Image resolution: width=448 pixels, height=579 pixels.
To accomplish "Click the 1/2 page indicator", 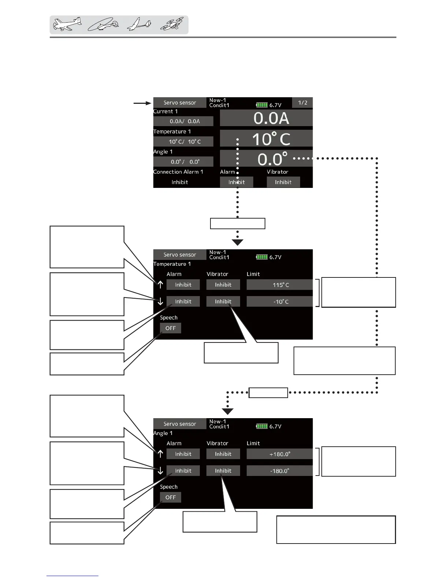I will tap(302, 103).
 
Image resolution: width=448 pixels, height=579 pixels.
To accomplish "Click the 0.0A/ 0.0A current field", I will tap(183, 121).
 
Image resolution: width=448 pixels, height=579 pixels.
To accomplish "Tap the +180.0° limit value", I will tap(280, 454).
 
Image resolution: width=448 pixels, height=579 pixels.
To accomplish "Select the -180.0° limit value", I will tap(280, 471).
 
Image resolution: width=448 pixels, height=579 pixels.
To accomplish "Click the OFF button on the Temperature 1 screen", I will tap(171, 328).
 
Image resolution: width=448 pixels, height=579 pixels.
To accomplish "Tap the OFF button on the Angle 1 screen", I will tap(171, 497).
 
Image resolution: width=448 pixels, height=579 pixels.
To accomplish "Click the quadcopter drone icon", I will tap(172, 25).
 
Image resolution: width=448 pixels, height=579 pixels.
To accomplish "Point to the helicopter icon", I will tap(103, 25).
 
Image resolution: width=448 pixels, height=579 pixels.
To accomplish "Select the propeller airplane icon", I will tap(67, 24).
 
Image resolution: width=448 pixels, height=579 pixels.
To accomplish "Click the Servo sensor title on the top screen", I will tap(180, 103).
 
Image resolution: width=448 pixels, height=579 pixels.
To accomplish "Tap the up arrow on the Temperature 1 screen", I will tap(160, 285).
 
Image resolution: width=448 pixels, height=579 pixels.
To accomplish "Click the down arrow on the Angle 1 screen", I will tap(160, 471).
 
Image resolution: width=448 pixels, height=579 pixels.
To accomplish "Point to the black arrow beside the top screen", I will tap(142, 103).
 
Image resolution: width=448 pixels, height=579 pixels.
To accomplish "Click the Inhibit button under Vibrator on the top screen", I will tap(283, 182).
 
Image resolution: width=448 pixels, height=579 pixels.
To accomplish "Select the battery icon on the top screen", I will tap(262, 105).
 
